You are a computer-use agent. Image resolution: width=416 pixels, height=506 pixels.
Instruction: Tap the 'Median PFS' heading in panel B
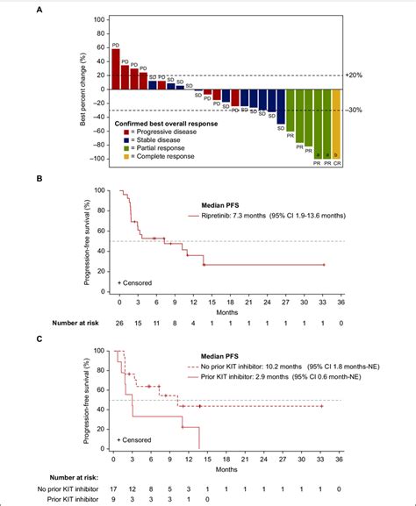pyautogui.click(x=212, y=201)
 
